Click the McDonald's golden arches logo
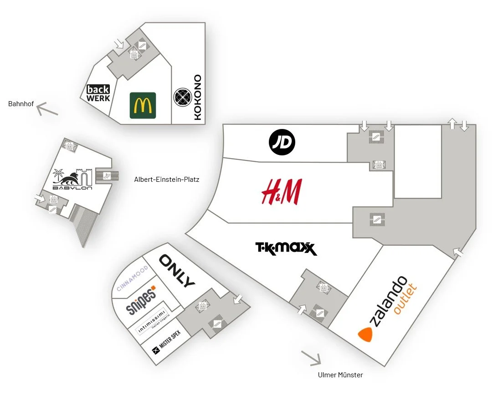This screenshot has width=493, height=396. (x=143, y=105)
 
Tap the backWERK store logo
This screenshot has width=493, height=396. (x=98, y=93)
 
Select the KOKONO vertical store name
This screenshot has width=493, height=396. (x=197, y=98)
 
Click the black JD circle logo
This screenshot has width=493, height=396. (x=282, y=143)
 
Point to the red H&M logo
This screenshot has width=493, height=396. (x=282, y=192)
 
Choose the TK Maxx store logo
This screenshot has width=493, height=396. (x=286, y=249)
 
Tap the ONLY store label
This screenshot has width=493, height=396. (x=177, y=271)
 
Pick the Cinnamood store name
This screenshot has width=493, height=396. (x=132, y=278)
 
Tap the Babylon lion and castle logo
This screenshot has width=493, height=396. (x=73, y=179)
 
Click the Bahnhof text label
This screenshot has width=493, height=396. (x=19, y=104)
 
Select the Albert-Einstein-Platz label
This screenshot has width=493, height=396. (x=166, y=180)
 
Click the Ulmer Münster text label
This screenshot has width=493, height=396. (x=340, y=375)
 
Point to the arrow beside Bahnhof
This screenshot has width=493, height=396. (x=47, y=109)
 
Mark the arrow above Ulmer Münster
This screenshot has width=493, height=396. (x=311, y=358)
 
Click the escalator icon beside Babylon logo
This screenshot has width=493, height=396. (x=106, y=175)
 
